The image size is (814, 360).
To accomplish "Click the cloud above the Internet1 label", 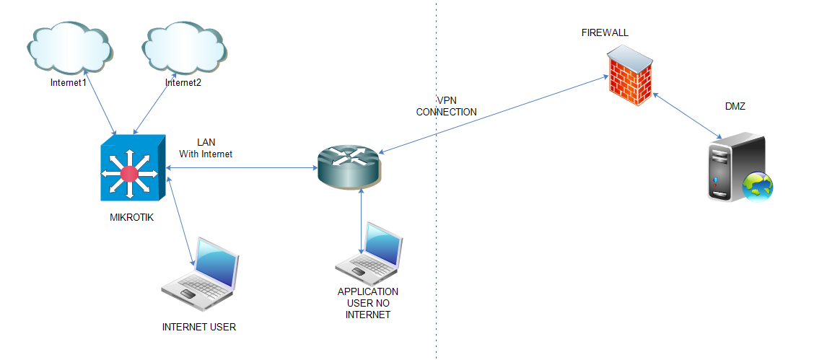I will point(71,48).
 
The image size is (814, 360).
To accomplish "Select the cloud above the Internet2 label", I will point(185,49).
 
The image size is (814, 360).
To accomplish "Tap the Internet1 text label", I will point(69,83).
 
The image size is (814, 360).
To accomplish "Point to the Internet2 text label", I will point(183,83).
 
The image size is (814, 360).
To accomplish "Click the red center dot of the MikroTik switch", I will point(129,173).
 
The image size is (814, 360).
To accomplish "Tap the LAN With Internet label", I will point(206,148).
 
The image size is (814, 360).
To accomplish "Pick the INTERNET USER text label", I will point(199,327).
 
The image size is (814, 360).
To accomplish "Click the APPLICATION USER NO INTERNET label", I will point(368,303).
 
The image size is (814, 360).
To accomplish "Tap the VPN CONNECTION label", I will point(447,106).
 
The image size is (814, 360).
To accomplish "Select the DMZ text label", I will point(735,106).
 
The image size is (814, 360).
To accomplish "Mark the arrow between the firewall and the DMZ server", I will point(686,115).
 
